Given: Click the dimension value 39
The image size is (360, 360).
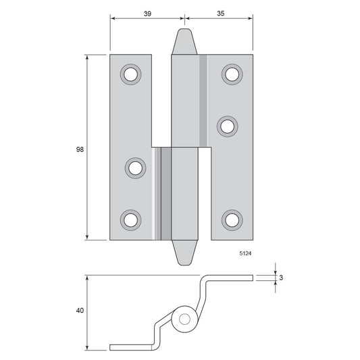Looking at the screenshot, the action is coord(147,14).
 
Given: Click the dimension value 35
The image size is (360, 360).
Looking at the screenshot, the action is coord(220,14).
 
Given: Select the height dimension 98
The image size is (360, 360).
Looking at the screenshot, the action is coord(80,149).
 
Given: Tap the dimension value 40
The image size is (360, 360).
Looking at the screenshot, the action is coord(80,311).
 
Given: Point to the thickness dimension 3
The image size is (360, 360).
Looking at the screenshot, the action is coord(281,278).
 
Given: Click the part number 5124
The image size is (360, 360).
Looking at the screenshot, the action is coord(245,253).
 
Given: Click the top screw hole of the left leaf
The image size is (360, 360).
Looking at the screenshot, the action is coord(130,74).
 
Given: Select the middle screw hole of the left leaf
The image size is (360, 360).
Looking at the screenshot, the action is coord(135,168).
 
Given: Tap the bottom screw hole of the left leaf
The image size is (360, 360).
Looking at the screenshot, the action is coord(130,220).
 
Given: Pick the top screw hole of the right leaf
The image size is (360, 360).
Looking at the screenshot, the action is coord(232,74).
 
